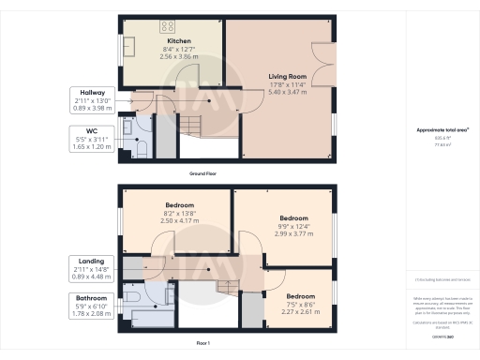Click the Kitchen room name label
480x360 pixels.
pos(179,42)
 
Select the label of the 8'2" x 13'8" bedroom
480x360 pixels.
pos(180,205)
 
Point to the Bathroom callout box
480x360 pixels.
pos(91,306)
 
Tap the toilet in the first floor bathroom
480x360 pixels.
pos(137,297)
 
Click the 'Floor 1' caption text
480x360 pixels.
pos(202,344)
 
